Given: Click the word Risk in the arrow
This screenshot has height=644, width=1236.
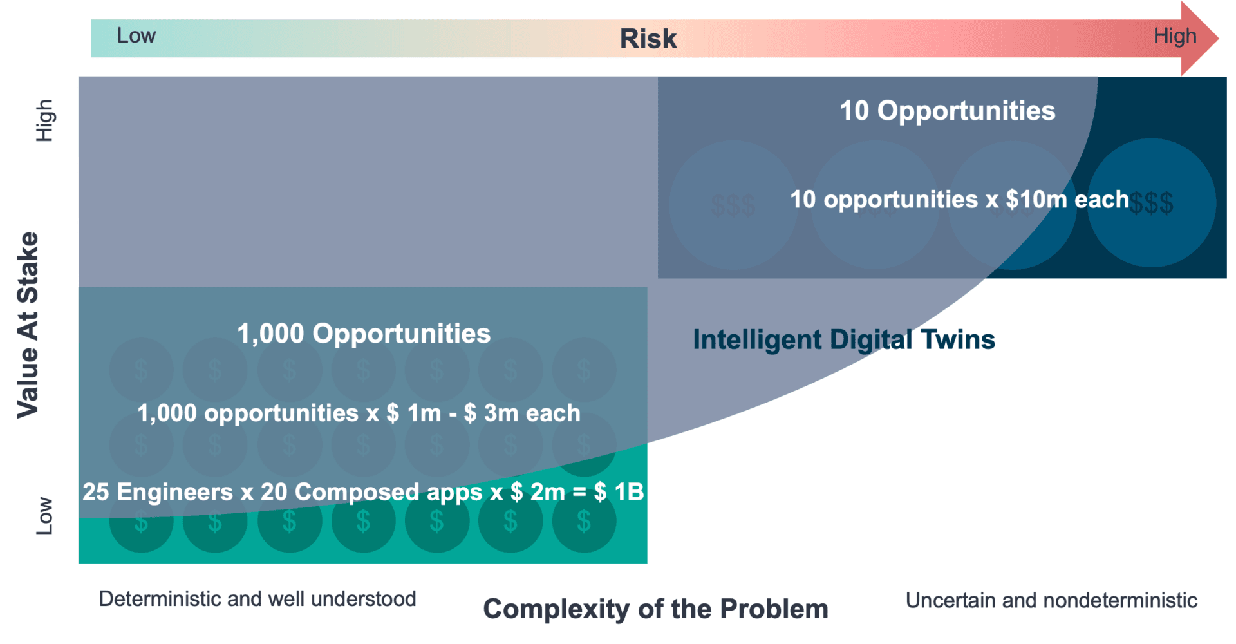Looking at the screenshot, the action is [648, 39].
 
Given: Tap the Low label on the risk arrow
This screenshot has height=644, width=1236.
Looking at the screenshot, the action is [136, 35].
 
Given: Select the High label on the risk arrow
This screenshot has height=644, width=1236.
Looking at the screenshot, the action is [1175, 36].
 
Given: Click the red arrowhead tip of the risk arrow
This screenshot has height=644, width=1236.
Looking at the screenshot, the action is [1218, 38].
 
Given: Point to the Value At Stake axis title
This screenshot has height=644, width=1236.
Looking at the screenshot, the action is [28, 325].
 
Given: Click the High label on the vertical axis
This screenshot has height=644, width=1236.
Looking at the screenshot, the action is [44, 120].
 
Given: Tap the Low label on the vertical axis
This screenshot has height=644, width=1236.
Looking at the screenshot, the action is [44, 515].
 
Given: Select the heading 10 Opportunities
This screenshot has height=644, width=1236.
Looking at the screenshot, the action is [948, 111].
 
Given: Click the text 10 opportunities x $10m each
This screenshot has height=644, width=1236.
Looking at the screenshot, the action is [959, 200].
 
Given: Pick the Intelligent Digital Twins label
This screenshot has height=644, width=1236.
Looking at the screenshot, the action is [844, 339].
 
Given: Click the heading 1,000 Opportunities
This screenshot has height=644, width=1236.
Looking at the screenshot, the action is [364, 334].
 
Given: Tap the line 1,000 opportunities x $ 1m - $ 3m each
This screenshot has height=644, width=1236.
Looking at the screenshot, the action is [359, 413].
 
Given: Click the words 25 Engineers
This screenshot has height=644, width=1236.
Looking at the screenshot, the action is [158, 492].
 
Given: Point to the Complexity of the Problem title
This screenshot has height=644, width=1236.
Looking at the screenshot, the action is [655, 609].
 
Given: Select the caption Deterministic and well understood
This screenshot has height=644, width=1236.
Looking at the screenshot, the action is [257, 599].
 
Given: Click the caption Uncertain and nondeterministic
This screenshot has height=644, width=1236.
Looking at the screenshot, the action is [1051, 600].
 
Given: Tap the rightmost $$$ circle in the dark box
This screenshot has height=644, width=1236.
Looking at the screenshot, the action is [1152, 203].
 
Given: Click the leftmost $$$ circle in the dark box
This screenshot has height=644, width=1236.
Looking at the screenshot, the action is [733, 205].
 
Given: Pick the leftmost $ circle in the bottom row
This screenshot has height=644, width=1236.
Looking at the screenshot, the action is [141, 520].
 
